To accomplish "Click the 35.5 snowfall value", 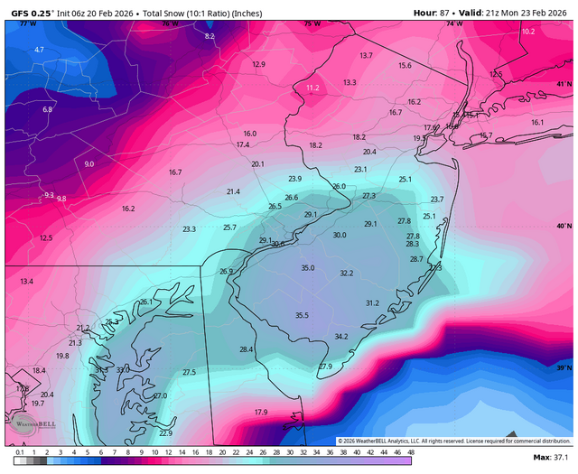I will (302, 315).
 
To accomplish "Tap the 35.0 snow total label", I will (308, 268).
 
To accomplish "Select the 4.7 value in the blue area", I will (39, 50).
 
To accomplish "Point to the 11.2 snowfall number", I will (312, 88).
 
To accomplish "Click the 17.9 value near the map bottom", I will (261, 413).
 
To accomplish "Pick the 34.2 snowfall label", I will (341, 337).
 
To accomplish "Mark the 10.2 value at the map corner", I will (528, 32).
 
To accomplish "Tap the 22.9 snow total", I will (166, 433).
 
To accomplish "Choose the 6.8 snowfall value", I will (48, 109).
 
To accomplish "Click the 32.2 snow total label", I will (347, 274).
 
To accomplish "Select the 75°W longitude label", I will (312, 23).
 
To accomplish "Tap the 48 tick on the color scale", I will (410, 451).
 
